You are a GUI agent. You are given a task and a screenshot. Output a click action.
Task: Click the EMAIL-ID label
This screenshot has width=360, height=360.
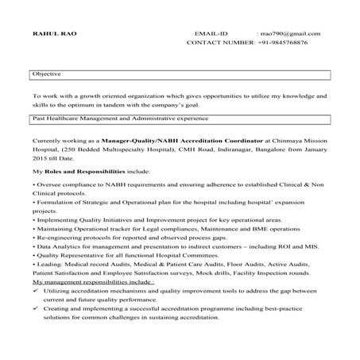211,34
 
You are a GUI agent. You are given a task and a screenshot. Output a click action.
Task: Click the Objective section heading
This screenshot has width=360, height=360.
46,73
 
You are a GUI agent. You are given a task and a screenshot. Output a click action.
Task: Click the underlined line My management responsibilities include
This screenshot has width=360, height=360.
92,282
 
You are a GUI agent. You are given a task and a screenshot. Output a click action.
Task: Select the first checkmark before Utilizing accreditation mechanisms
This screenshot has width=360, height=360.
38,292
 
